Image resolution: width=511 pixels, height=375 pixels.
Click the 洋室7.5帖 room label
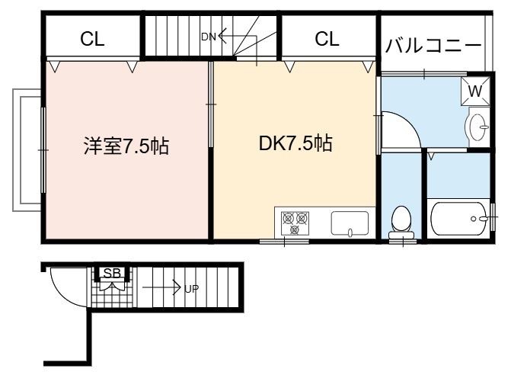pyautogui.click(x=126, y=146)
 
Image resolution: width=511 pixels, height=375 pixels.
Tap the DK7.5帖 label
pyautogui.click(x=295, y=143)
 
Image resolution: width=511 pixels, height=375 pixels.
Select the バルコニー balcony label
pyautogui.click(x=433, y=45)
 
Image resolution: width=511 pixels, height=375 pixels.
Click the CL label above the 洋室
pyautogui.click(x=92, y=39)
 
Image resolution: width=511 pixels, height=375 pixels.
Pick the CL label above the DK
pyautogui.click(x=327, y=39)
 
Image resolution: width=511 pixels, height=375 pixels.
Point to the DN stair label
pyautogui.click(x=209, y=37)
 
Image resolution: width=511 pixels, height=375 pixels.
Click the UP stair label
pyautogui.click(x=192, y=289)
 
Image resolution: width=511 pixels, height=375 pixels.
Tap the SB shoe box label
pyautogui.click(x=112, y=273)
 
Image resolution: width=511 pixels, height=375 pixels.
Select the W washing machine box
pyautogui.click(x=475, y=91)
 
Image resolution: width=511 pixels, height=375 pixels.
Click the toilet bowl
pyautogui.click(x=401, y=222)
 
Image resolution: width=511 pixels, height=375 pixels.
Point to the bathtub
pyautogui.click(x=459, y=219)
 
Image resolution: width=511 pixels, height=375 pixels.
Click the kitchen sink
pyautogui.click(x=350, y=223)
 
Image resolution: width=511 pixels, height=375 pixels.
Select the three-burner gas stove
pyautogui.click(x=295, y=223)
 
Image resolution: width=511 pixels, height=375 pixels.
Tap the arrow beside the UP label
pyautogui.click(x=161, y=287)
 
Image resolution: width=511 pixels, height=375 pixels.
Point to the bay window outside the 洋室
pyautogui.click(x=27, y=150)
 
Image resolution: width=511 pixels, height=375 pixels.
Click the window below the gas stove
pyautogui.click(x=284, y=242)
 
